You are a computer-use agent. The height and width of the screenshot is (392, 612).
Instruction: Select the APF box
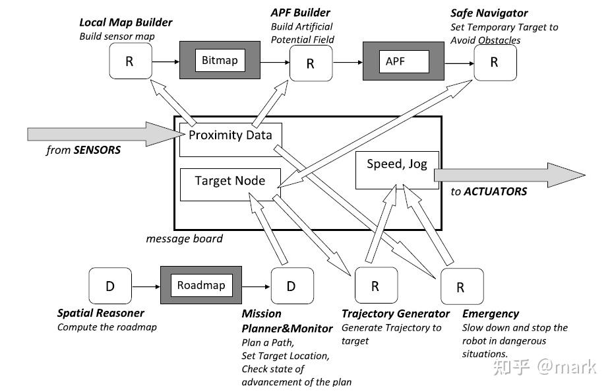[404, 62]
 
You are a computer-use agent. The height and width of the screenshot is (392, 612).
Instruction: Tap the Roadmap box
[201, 286]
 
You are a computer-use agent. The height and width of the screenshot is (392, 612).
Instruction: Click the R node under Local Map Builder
[129, 62]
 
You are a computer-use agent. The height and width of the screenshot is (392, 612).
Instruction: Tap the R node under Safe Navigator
[494, 62]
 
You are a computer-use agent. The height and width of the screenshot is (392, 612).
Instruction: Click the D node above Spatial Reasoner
[110, 286]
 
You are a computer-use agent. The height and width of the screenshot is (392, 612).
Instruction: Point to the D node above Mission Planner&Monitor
[291, 286]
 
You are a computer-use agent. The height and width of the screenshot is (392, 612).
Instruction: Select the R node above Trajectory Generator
[375, 286]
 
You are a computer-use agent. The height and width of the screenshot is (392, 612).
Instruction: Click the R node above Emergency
[461, 287]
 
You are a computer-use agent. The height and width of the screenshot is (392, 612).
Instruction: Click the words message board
[184, 238]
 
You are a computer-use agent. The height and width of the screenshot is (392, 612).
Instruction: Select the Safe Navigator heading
[489, 13]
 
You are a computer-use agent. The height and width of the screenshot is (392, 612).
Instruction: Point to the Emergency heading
[490, 314]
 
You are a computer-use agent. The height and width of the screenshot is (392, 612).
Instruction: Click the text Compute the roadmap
[107, 327]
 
